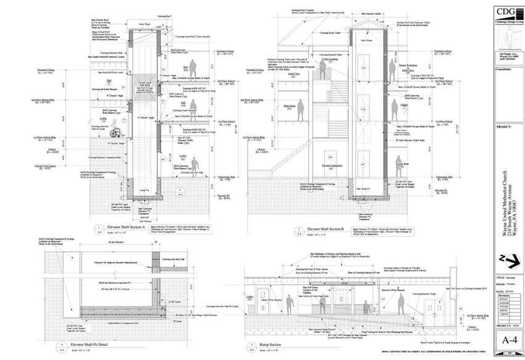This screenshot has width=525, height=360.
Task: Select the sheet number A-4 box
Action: (508, 339)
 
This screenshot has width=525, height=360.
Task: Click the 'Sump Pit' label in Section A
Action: (141, 190)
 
